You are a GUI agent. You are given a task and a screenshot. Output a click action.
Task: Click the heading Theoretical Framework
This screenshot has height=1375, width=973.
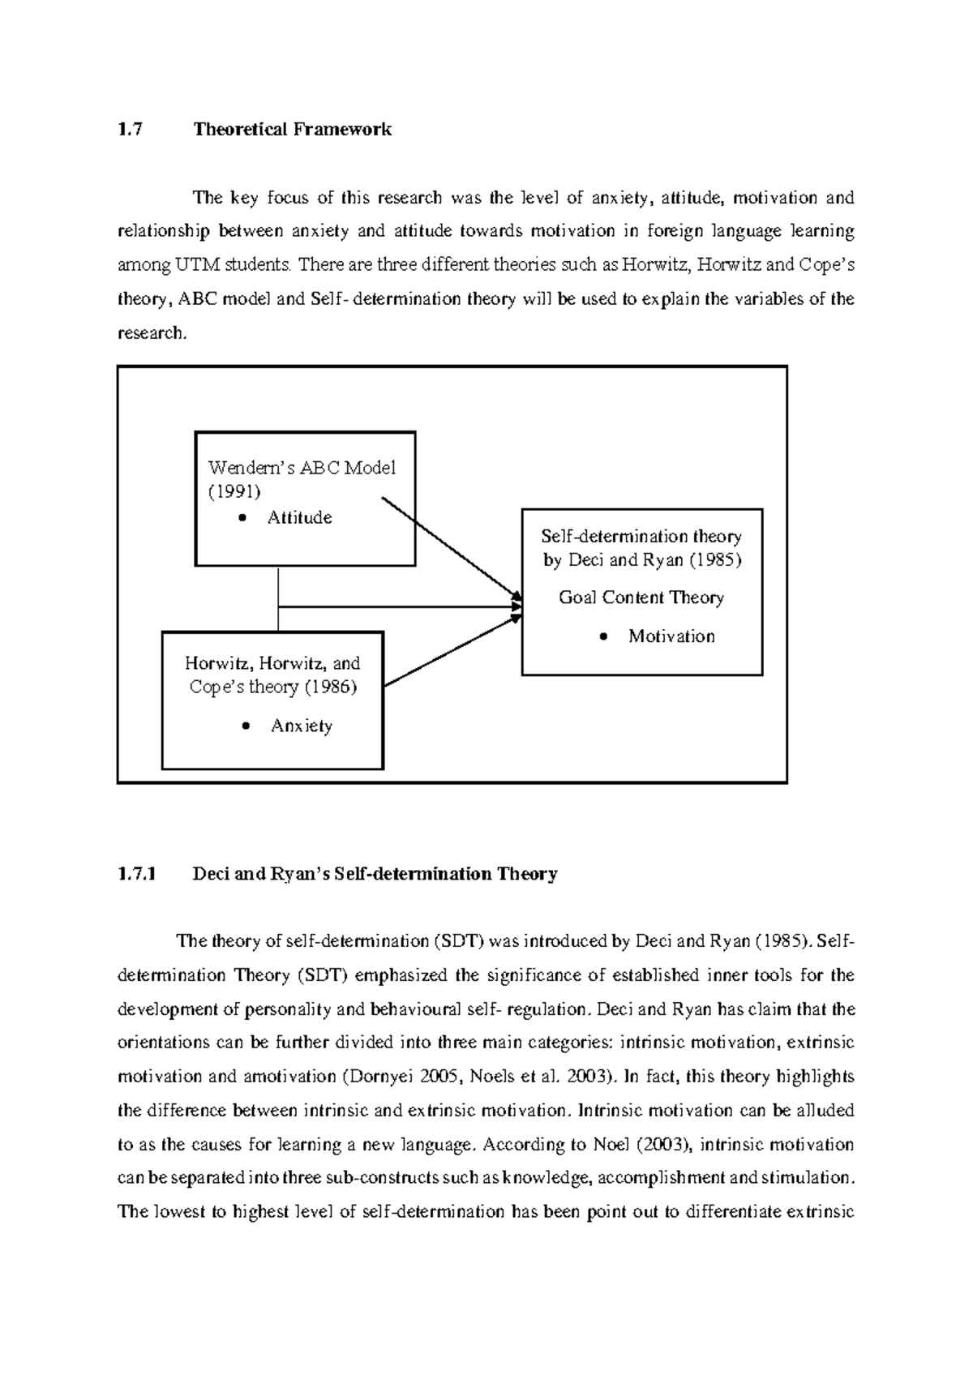coord(292,130)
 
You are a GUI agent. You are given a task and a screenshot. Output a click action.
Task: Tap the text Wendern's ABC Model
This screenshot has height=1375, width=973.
coord(302,468)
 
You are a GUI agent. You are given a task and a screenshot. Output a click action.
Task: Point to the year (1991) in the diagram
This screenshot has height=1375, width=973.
coord(234,491)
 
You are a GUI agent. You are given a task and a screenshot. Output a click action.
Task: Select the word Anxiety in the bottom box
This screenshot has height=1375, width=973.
coord(302,726)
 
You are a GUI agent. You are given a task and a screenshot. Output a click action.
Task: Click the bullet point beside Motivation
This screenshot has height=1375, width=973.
coord(602,637)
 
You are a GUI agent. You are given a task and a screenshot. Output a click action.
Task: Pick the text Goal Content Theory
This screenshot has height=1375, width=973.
coord(641,598)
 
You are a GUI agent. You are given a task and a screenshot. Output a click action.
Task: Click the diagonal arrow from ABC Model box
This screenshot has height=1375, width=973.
coord(450,548)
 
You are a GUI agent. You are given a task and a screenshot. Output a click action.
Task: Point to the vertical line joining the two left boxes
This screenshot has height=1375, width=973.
coord(278,600)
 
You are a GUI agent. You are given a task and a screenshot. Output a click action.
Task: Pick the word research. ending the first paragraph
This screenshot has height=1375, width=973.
coord(152,333)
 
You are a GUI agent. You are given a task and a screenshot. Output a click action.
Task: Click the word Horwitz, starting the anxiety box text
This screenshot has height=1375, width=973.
coord(215,664)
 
